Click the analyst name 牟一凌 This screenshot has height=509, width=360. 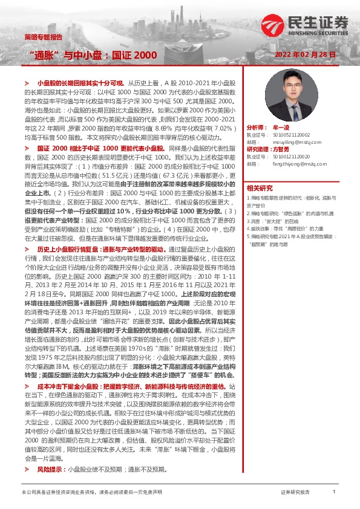click(x=284, y=128)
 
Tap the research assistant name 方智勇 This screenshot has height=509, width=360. click(x=282, y=149)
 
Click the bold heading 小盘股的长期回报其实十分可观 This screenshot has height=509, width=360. click(x=80, y=82)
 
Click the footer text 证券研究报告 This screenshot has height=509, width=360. click(x=295, y=493)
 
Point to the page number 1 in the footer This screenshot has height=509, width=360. click(x=333, y=493)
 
